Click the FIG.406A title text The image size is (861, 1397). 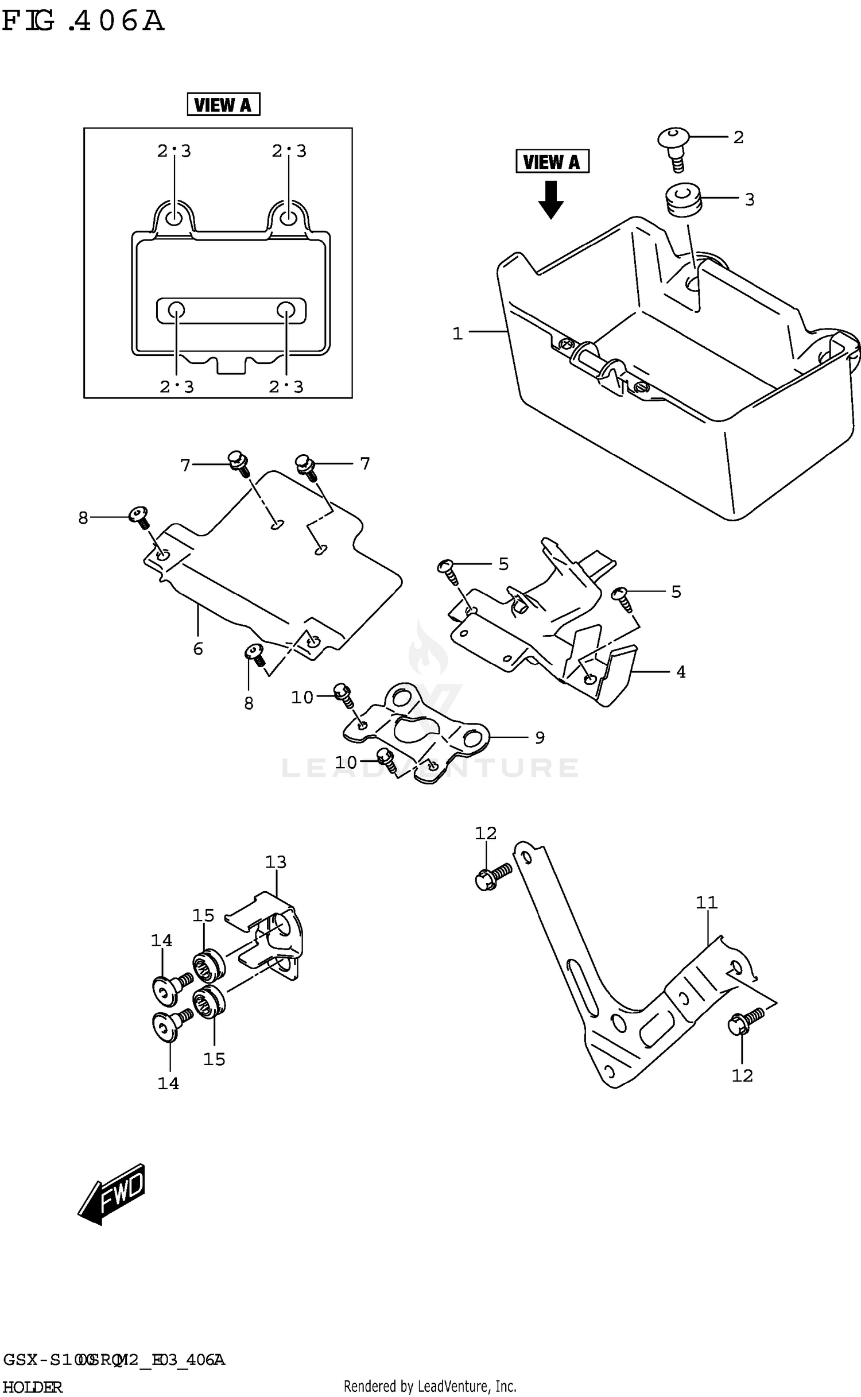pos(83,21)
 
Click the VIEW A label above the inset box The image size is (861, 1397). pos(223,105)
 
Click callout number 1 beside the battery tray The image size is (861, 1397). pos(457,334)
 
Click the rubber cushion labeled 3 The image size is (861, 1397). pos(681,200)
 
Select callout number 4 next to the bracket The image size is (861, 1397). pos(681,671)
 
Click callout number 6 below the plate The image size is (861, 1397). pos(198,649)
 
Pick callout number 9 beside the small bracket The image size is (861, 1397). pos(540,737)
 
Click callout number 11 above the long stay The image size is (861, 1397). pos(707,903)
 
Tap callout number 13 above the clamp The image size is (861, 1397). pos(276,862)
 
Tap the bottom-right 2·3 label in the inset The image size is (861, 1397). pos(286,387)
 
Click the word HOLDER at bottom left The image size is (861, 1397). pos(33,1387)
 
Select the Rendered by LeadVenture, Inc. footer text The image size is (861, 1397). pos(430,1386)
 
